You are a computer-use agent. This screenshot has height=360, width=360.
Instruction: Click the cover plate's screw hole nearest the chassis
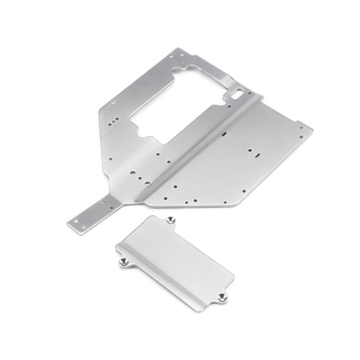171,220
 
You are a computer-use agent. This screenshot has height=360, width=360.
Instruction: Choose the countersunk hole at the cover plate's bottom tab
222,297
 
